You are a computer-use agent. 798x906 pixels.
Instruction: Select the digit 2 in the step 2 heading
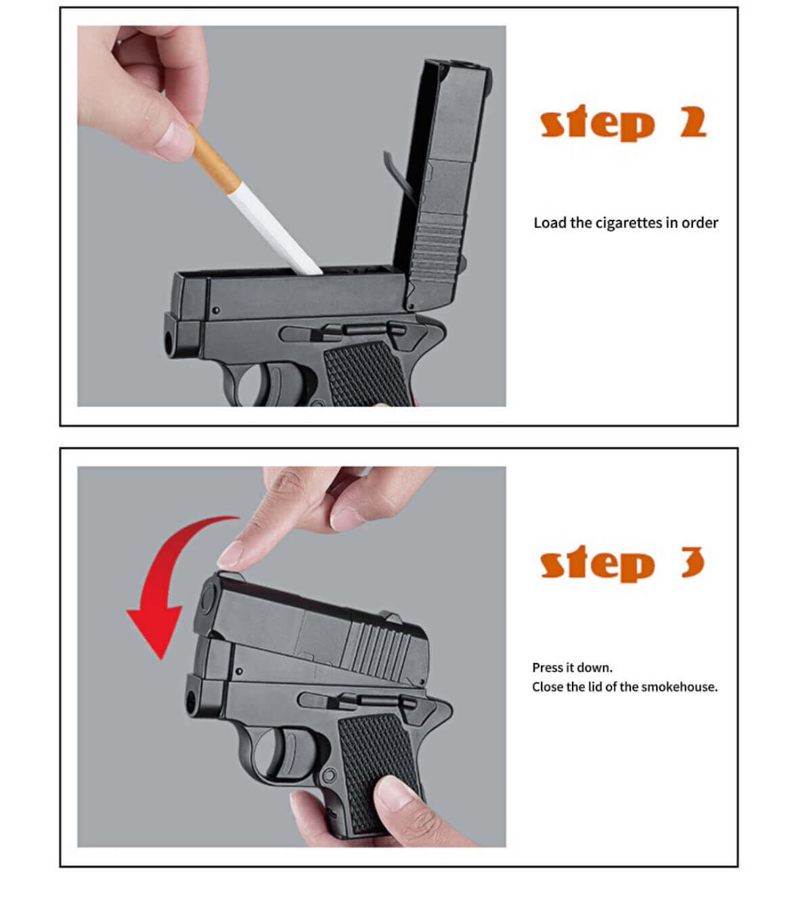coord(693,122)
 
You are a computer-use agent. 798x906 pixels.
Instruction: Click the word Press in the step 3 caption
coord(547,668)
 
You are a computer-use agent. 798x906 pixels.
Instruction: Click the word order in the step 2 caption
coord(700,223)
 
